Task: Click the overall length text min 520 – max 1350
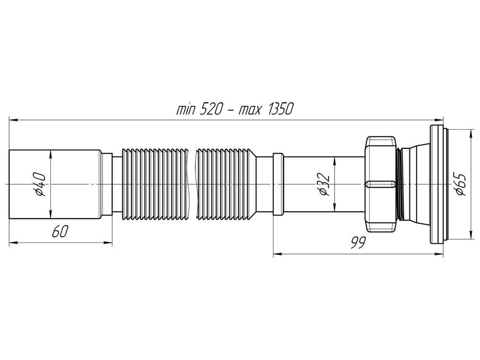[234, 109]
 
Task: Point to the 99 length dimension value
[356, 243]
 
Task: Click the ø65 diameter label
[459, 185]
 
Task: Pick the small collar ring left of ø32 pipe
[277, 185]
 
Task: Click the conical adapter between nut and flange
[414, 185]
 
